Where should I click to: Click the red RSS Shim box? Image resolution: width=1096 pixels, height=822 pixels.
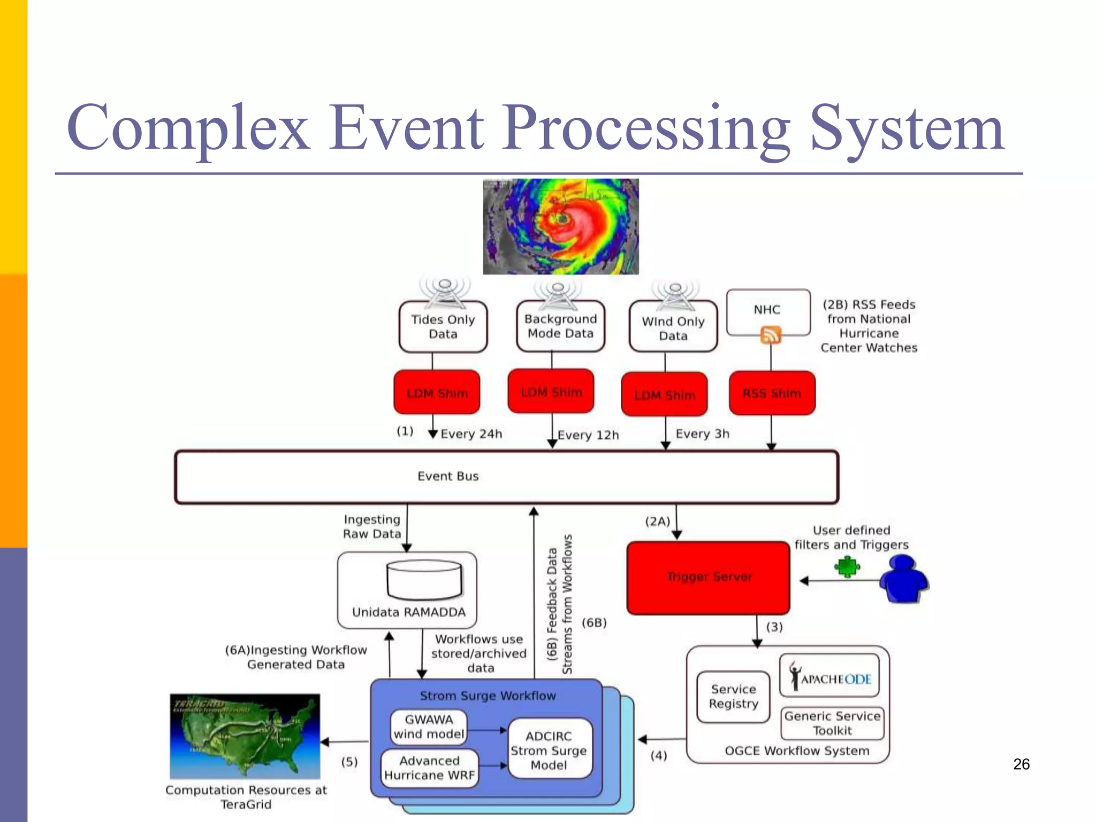(x=772, y=393)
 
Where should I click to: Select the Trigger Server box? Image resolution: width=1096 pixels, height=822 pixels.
(x=709, y=577)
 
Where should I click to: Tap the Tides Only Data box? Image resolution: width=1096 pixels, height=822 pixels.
(x=443, y=327)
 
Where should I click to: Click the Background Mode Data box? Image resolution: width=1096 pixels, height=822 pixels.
(x=560, y=326)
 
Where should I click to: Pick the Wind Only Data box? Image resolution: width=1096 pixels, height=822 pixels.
(x=673, y=328)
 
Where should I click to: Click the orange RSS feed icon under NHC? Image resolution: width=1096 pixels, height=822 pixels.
(x=771, y=336)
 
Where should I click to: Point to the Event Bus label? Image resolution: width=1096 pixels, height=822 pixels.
(x=448, y=476)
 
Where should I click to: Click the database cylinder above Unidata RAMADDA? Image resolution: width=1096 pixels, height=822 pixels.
(x=424, y=579)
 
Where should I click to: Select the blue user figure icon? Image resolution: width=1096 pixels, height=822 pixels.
(x=903, y=579)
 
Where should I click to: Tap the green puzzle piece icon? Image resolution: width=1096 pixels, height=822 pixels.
(x=847, y=567)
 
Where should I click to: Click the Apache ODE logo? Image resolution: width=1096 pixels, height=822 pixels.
(x=829, y=677)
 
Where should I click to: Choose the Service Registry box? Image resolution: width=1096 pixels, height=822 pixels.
(x=733, y=697)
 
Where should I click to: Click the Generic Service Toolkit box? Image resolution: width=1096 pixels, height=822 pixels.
(x=832, y=724)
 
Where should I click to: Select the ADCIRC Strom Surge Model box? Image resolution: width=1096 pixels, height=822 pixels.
(x=549, y=750)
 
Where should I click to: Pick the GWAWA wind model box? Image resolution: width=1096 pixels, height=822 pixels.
(x=429, y=727)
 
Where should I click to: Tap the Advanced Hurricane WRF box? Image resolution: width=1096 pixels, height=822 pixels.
(x=429, y=768)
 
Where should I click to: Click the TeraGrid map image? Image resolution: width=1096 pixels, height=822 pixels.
(x=245, y=736)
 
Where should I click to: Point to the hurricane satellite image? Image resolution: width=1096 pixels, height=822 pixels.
(x=560, y=226)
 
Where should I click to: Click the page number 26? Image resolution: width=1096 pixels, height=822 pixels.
(x=1021, y=764)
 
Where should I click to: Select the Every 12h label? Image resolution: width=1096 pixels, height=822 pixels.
(x=588, y=435)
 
